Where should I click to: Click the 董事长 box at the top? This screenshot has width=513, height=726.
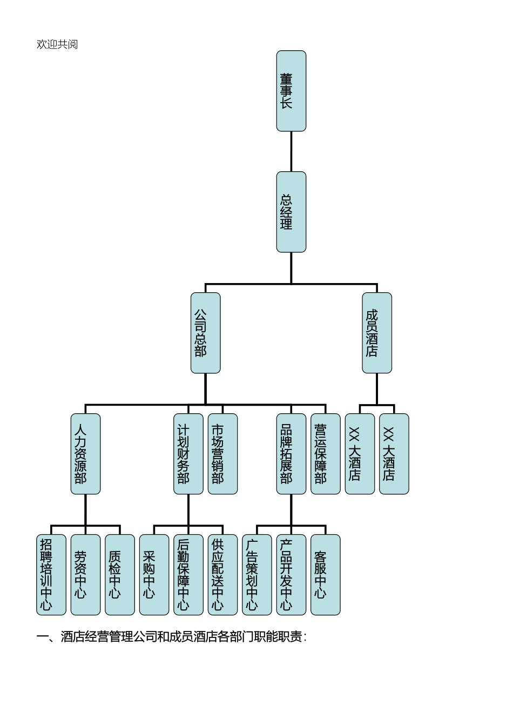click(x=291, y=91)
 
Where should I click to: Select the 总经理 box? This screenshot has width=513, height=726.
click(x=291, y=212)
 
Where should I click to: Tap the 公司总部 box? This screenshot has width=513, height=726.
click(x=205, y=333)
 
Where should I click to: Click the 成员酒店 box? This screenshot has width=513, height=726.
click(x=377, y=333)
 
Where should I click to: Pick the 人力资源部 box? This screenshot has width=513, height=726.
click(x=85, y=454)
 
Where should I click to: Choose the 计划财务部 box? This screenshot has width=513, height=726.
click(x=188, y=454)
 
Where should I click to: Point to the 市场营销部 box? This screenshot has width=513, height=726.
click(x=222, y=454)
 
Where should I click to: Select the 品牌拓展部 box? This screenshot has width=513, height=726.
click(x=291, y=454)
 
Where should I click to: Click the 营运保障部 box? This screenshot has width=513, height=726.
click(x=325, y=454)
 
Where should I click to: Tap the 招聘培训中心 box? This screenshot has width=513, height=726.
click(x=51, y=575)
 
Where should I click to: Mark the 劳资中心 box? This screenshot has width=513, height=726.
click(x=85, y=575)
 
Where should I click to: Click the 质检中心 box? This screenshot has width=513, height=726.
click(x=119, y=575)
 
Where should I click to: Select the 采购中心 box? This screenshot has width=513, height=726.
click(x=154, y=575)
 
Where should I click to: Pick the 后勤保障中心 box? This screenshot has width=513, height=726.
click(x=188, y=575)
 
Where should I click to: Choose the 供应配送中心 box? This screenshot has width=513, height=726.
click(x=222, y=575)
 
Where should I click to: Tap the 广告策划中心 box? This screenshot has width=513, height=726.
click(x=256, y=575)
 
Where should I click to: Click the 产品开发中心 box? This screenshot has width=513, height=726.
click(x=291, y=575)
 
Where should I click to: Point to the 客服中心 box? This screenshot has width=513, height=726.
click(x=325, y=575)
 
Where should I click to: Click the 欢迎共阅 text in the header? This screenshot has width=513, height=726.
click(x=57, y=44)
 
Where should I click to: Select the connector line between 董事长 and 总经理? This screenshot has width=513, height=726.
click(x=291, y=151)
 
